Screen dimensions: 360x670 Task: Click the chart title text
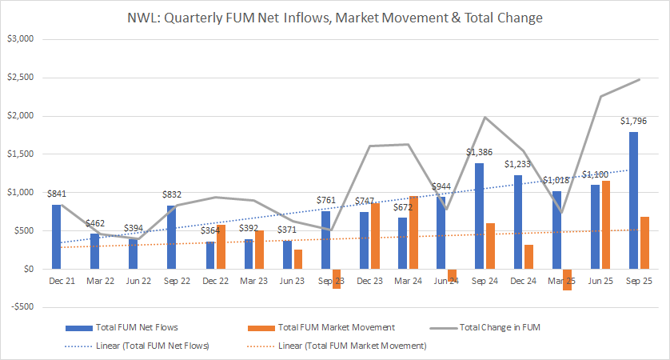[335, 16]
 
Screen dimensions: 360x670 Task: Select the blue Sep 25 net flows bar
[633, 200]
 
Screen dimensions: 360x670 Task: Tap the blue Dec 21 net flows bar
[56, 237]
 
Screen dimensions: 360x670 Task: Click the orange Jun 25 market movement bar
[605, 225]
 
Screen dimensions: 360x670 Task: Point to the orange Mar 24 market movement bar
[413, 232]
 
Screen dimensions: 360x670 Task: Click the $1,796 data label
[633, 121]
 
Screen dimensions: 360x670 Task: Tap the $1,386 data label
[478, 152]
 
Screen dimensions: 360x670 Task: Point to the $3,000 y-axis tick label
[22, 38]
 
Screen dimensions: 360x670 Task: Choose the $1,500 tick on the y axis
[22, 154]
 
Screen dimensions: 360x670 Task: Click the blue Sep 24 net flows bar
[479, 216]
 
